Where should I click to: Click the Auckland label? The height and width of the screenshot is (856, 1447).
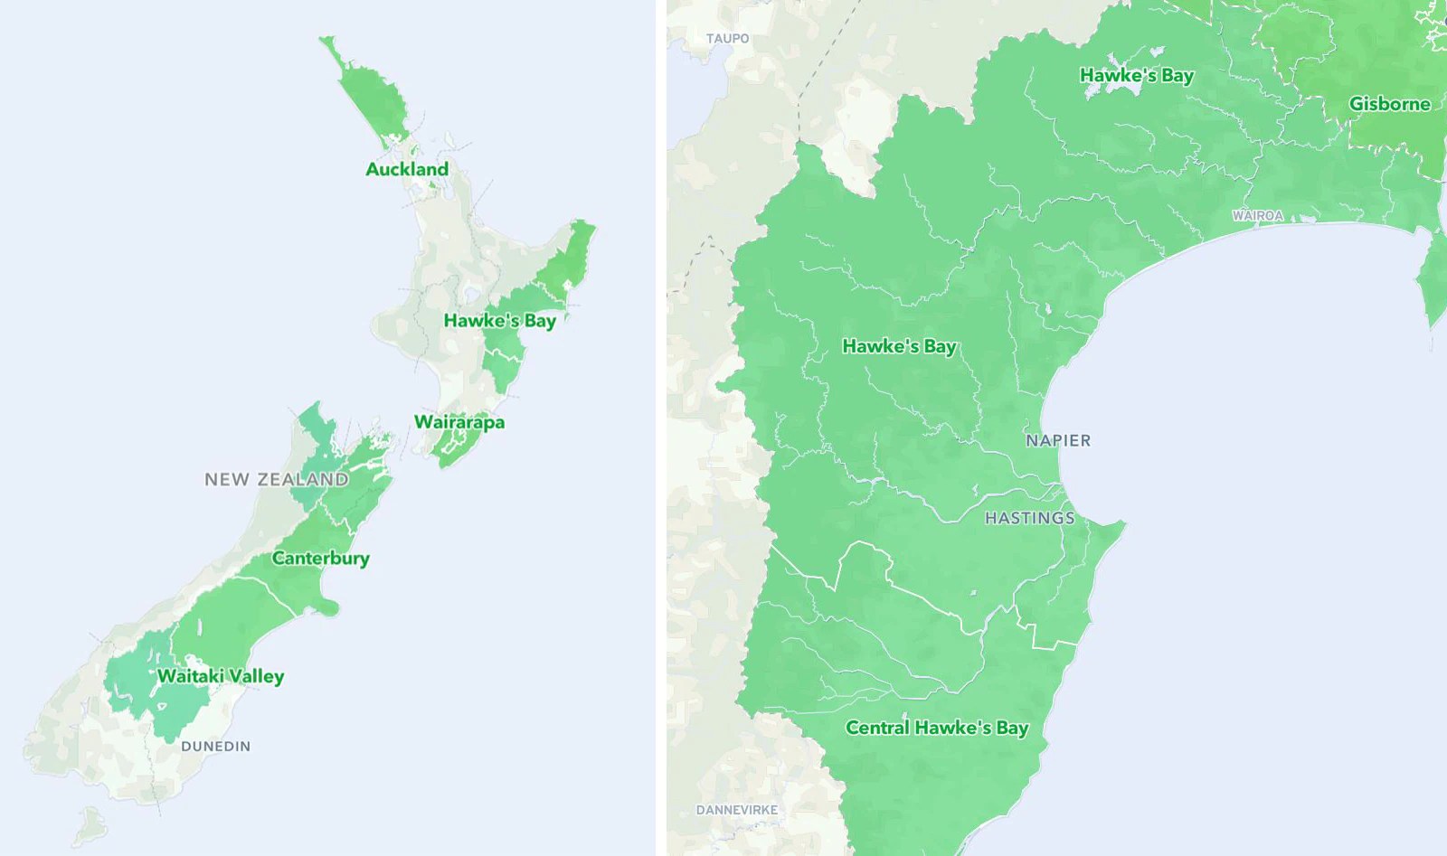coord(407,169)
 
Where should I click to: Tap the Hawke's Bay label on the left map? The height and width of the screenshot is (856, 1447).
coord(499,321)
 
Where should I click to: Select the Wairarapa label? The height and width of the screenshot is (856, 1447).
coord(459,422)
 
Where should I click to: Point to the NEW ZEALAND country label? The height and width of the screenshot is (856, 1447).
coord(277,480)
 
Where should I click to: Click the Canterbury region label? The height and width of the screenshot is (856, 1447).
coord(321,559)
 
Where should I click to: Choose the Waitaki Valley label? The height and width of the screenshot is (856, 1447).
coord(221,676)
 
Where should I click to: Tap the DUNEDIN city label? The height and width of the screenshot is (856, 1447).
coord(216,747)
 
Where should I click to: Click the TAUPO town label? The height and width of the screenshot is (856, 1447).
coord(727,39)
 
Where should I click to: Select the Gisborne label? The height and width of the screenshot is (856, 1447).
coord(1390,104)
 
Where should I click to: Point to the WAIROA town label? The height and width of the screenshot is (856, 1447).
coord(1257,216)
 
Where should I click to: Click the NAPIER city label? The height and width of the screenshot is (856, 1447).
coord(1058,441)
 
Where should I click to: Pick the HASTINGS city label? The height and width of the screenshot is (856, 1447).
coord(1030,519)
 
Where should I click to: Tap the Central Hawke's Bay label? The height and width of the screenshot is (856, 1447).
coord(937,728)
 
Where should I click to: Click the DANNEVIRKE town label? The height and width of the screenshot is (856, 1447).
coord(737,810)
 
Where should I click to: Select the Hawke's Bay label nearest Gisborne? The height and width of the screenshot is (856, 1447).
coord(1137,76)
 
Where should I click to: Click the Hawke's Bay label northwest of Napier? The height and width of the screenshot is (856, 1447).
coord(899,346)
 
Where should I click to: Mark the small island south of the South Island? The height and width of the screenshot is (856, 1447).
coord(90,824)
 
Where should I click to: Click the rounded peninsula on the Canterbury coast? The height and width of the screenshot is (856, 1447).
coord(328,607)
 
